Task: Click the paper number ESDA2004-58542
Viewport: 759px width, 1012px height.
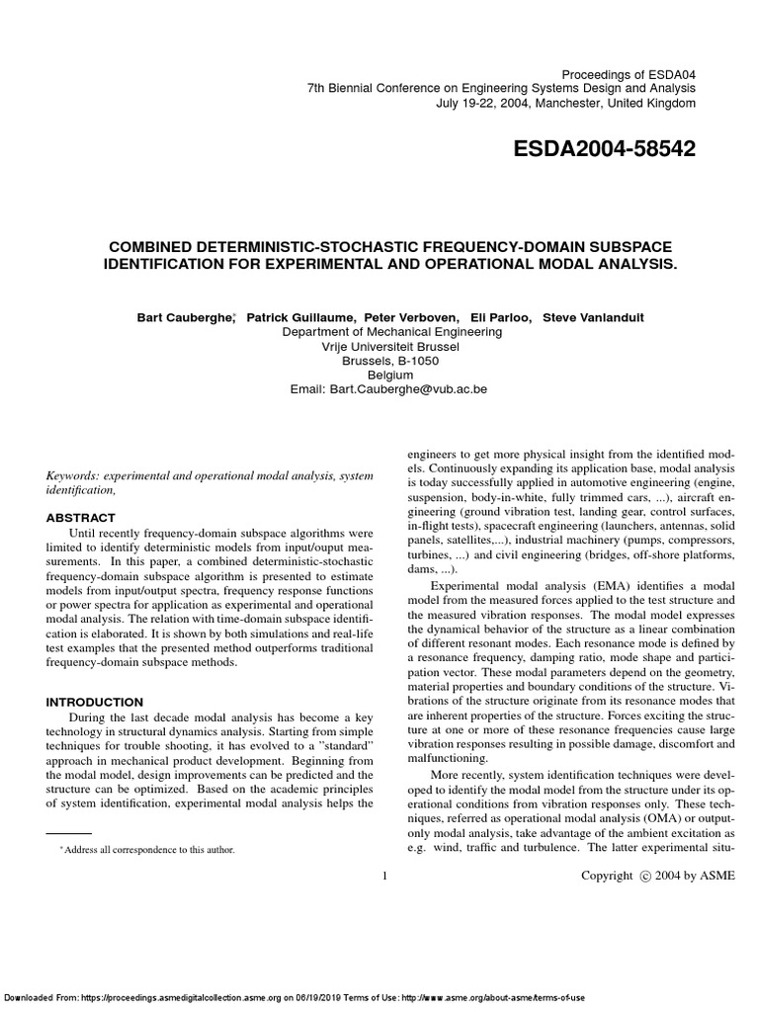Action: tap(605, 149)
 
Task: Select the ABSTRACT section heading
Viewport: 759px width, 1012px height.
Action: tap(82, 518)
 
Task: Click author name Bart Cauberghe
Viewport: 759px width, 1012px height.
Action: tap(184, 317)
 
